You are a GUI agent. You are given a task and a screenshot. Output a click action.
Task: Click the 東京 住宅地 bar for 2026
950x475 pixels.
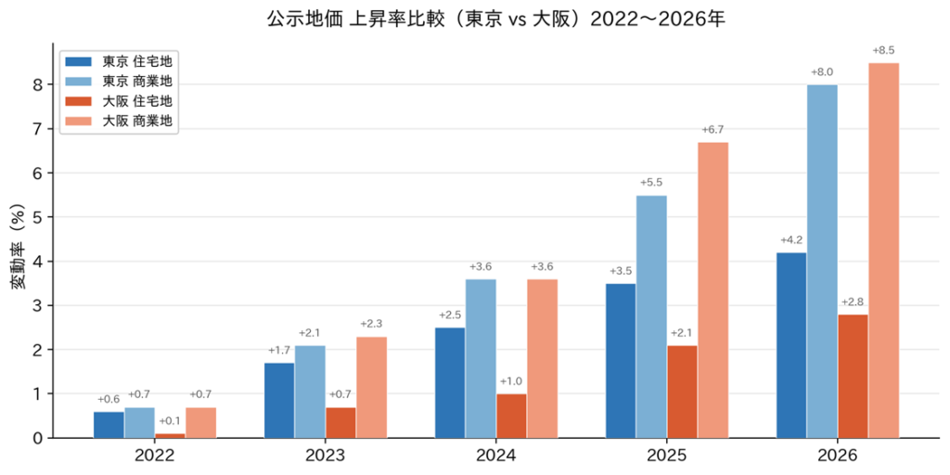click(791, 345)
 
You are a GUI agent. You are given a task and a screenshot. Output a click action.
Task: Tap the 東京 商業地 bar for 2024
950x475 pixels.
click(481, 358)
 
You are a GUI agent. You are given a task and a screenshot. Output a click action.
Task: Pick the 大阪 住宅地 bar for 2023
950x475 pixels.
click(340, 422)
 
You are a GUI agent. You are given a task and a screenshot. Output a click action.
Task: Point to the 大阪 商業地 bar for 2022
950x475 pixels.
click(200, 422)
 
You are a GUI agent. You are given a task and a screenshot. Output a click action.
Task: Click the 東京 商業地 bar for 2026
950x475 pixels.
click(822, 261)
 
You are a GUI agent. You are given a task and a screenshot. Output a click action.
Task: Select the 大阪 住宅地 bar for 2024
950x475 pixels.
click(511, 416)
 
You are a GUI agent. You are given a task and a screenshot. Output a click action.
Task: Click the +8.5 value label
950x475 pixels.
click(883, 50)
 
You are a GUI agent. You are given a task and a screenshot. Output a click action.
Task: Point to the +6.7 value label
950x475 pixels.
click(712, 129)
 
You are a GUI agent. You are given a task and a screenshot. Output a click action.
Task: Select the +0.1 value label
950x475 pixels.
click(170, 421)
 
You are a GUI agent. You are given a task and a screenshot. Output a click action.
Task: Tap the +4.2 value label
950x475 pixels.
click(791, 239)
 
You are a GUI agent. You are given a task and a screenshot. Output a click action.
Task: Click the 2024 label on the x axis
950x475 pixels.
click(495, 456)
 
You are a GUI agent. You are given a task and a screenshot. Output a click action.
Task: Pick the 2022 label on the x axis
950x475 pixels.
click(154, 456)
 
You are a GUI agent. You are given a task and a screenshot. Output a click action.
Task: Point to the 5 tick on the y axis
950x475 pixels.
click(38, 217)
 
